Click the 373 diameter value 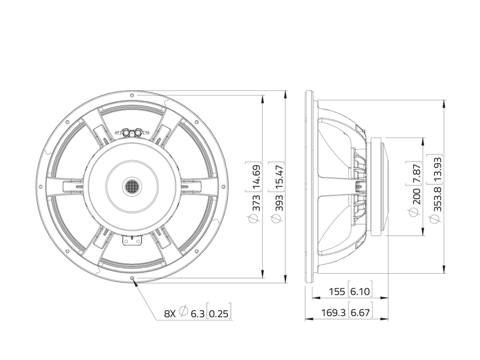point(256,203)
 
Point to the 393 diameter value point(279,203)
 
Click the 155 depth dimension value point(337,291)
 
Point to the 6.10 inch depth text point(360,291)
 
